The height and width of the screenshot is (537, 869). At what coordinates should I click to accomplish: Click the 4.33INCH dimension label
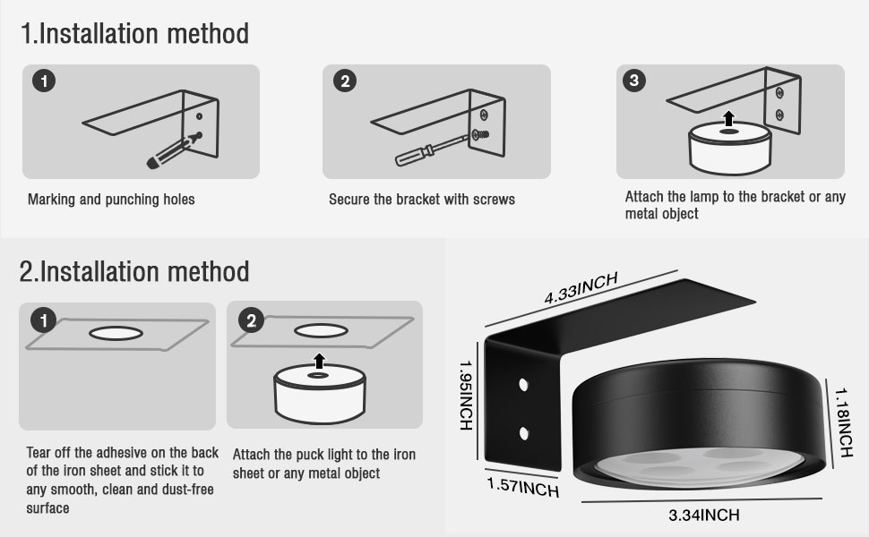[581, 288]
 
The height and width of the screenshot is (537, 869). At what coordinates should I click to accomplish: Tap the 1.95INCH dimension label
[466, 396]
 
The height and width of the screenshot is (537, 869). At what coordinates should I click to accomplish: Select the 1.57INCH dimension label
[522, 487]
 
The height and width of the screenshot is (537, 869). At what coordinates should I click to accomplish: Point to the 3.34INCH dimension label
[704, 516]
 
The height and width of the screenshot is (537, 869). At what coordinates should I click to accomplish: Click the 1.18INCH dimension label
[844, 422]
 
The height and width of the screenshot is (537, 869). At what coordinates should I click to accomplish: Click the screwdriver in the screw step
[433, 150]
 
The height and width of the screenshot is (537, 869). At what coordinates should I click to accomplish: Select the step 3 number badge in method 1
[634, 81]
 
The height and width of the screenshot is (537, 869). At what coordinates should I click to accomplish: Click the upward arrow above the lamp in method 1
[728, 118]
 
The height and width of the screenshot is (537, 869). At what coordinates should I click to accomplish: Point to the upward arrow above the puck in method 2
[319, 361]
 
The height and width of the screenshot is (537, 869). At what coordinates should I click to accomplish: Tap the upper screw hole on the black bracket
[523, 384]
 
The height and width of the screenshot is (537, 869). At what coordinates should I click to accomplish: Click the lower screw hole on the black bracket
[524, 433]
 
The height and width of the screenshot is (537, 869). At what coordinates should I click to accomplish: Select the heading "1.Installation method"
[134, 33]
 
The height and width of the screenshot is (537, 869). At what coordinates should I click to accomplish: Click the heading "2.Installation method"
[134, 272]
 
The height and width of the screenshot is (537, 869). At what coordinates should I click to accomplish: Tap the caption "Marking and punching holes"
[111, 200]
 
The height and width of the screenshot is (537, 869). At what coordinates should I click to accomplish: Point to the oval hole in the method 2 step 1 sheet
[116, 333]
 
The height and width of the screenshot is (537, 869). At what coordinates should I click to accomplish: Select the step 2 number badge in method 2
[251, 320]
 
